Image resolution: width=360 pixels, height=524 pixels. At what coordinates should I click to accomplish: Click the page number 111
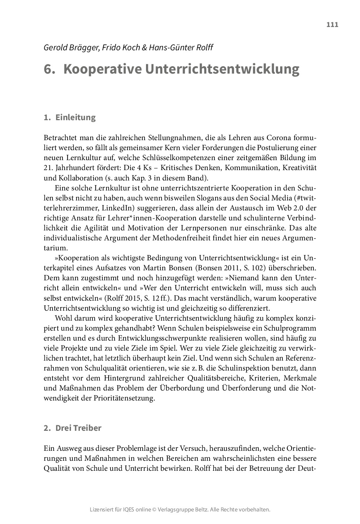(332, 25)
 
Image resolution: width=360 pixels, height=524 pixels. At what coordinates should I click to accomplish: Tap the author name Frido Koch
(119, 48)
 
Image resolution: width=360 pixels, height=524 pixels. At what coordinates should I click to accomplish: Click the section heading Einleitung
(75, 118)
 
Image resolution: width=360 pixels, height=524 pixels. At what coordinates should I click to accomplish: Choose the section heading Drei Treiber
(78, 428)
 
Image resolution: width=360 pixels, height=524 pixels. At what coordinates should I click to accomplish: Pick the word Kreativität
(300, 168)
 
